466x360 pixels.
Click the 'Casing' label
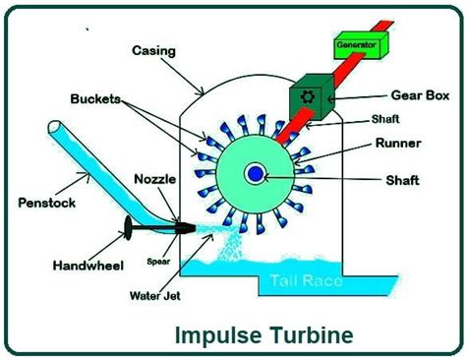point(155,48)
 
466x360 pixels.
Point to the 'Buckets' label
point(96,99)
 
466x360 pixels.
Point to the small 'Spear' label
point(159,262)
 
